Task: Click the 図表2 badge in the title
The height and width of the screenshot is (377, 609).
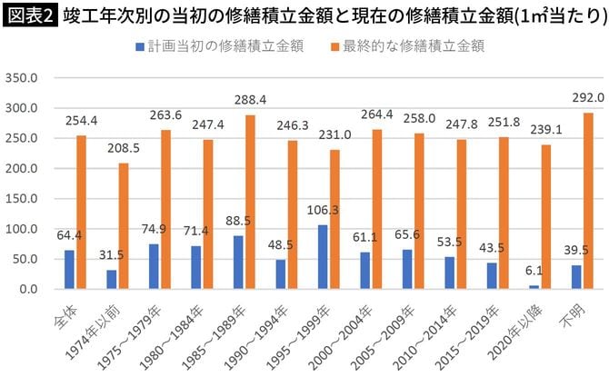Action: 31,15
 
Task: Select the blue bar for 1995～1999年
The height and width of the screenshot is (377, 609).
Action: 322,257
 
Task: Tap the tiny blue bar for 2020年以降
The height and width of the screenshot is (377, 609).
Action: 533,287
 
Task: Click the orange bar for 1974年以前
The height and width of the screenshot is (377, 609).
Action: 124,226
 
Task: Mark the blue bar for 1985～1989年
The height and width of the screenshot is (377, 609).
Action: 237,263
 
